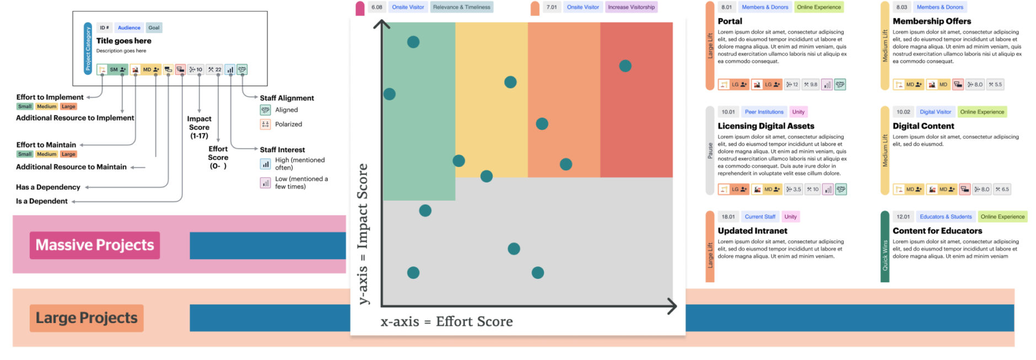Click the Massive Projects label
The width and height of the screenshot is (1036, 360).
coord(95,245)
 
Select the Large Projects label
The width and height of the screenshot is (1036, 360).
coord(87,318)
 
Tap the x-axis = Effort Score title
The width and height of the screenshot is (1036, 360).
coord(446,321)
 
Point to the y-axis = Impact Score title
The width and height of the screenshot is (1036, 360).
coord(362,234)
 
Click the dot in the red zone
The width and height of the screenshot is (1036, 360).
coord(625,66)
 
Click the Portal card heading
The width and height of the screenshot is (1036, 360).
coord(730,21)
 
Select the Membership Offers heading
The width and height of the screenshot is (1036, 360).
coord(931,21)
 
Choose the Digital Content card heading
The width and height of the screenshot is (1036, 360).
coord(923,126)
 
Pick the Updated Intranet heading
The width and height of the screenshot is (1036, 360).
coord(752,230)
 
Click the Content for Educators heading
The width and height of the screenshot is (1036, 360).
coord(937,230)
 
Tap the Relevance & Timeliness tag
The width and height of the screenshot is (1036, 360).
coord(461,7)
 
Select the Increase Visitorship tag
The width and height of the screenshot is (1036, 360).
coord(631,7)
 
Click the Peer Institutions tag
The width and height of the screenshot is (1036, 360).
coord(764,112)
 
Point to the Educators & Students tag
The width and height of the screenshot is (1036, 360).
coord(945,217)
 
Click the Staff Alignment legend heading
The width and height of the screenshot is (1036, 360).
coord(287,98)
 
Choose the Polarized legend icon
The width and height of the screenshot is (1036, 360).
coord(265,124)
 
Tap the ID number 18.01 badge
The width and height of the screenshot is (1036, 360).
coord(728,217)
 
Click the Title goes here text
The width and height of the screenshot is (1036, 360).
coord(123,41)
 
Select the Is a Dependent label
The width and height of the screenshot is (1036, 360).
coord(42,201)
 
